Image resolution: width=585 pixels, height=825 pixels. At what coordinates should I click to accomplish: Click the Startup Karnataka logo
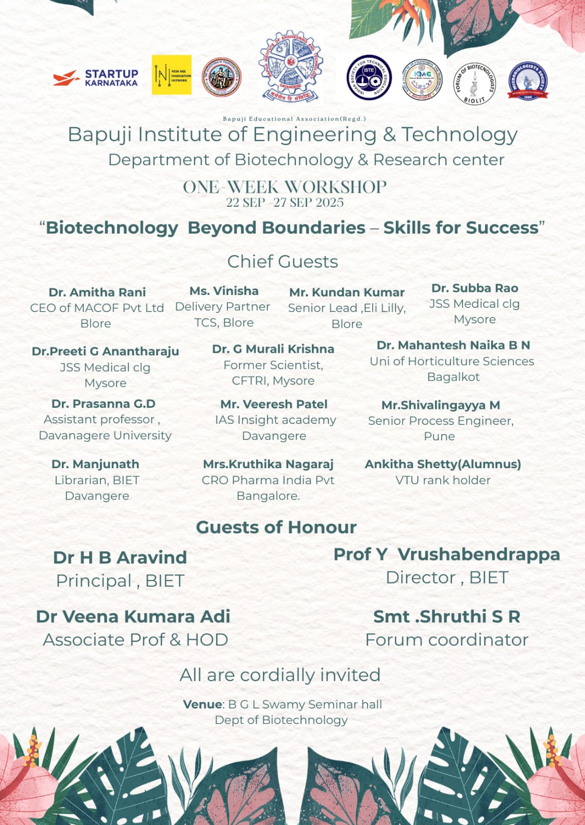click(96, 78)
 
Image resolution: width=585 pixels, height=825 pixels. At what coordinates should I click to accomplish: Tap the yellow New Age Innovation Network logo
click(172, 75)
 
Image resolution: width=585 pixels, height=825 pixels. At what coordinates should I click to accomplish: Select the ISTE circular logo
click(369, 77)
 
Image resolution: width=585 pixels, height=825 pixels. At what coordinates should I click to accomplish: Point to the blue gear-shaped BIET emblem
click(291, 65)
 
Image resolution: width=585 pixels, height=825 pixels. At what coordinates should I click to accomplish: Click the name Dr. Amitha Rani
click(97, 292)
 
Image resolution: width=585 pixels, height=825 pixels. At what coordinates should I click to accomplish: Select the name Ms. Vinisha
click(224, 291)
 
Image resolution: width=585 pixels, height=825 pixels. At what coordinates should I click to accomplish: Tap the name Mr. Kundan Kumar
click(347, 292)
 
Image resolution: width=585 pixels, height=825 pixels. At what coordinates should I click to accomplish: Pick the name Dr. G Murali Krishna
click(273, 349)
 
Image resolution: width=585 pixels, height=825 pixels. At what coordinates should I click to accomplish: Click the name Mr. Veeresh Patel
click(274, 404)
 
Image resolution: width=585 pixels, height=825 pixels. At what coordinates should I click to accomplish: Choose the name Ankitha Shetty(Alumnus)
click(443, 464)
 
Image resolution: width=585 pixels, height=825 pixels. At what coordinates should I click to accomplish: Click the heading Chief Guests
click(282, 261)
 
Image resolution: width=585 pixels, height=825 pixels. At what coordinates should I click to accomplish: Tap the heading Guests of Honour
click(276, 527)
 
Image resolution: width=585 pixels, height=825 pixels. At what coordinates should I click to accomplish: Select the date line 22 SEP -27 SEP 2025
click(285, 203)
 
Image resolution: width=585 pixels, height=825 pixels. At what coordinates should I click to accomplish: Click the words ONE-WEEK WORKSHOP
click(285, 187)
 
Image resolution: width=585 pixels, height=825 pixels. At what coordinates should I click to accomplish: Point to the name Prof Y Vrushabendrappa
click(446, 554)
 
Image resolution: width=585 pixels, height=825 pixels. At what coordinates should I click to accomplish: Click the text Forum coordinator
click(446, 640)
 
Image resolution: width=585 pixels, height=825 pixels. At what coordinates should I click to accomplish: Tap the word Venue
click(203, 704)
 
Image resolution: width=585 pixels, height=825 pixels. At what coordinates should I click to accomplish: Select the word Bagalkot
click(453, 377)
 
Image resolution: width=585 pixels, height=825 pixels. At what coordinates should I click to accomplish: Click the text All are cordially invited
click(280, 675)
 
